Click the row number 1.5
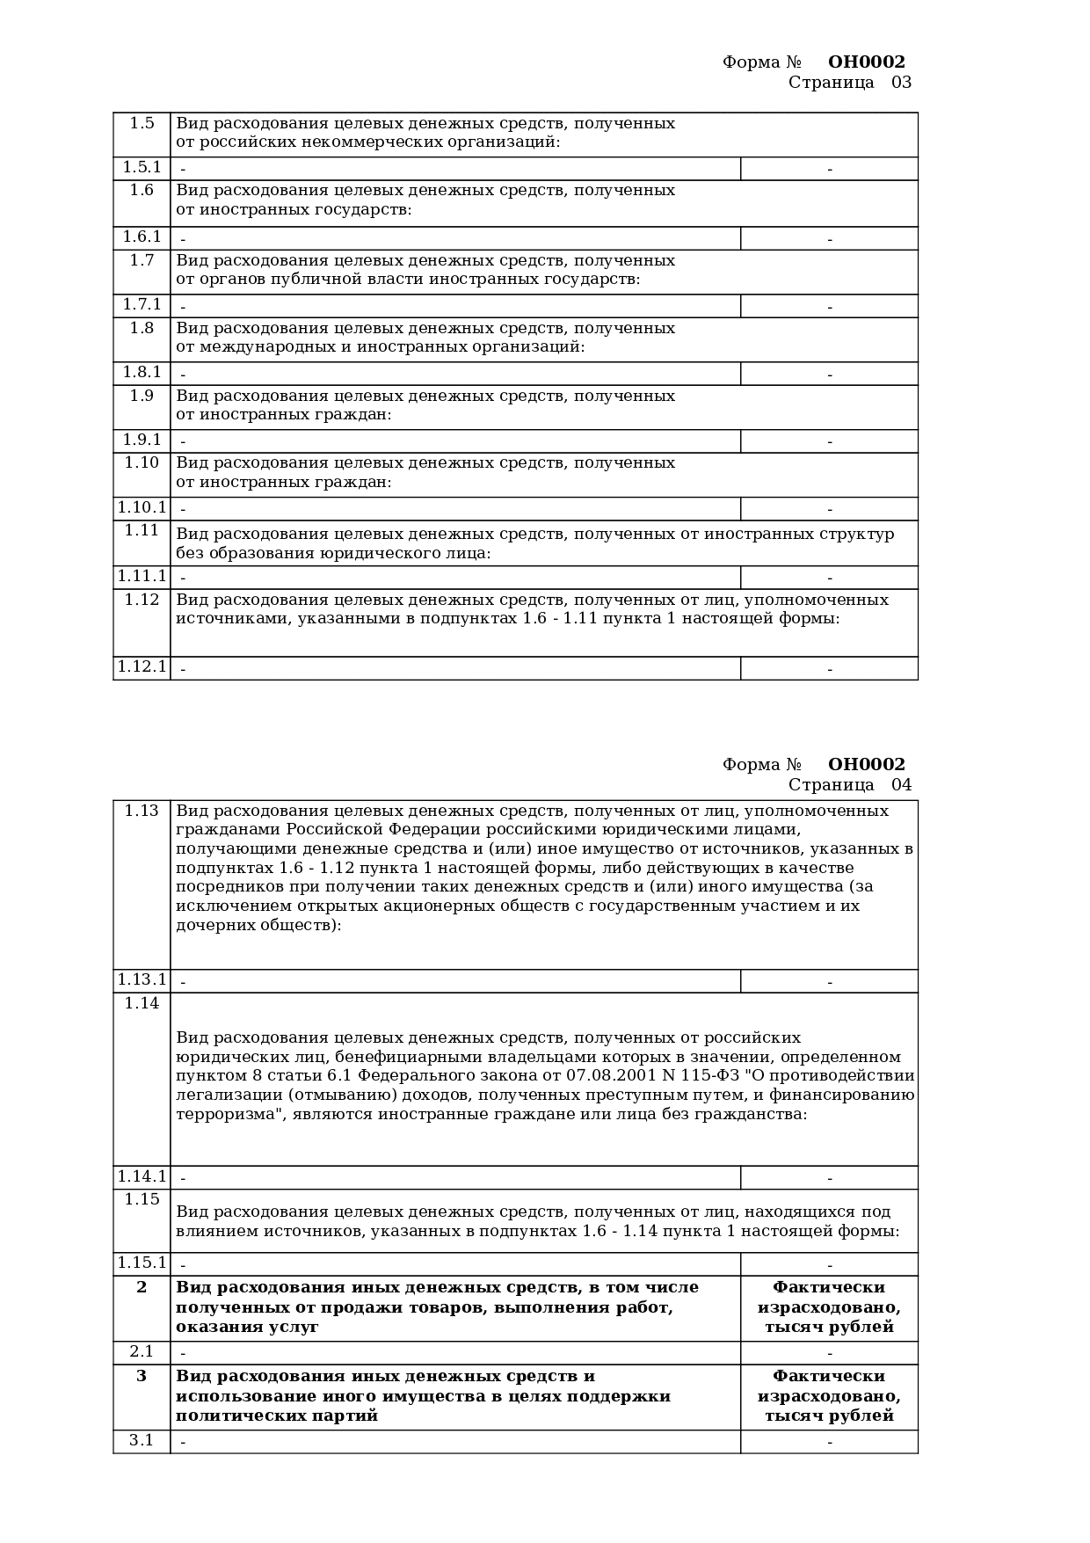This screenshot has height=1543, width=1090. pyautogui.click(x=142, y=123)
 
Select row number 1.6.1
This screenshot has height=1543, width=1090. pyautogui.click(x=142, y=237)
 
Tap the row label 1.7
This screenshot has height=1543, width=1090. pyautogui.click(x=142, y=260)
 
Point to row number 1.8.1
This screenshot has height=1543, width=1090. pyautogui.click(x=142, y=372)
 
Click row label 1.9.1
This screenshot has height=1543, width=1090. pyautogui.click(x=142, y=440)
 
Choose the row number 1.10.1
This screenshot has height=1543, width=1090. pyautogui.click(x=142, y=507)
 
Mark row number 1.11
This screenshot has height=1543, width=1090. pyautogui.click(x=142, y=530)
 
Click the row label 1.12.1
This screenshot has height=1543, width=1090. pyautogui.click(x=142, y=666)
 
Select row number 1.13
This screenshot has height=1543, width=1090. pyautogui.click(x=142, y=811)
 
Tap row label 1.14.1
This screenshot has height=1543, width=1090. pyautogui.click(x=142, y=1176)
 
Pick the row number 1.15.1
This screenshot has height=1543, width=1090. pyautogui.click(x=142, y=1263)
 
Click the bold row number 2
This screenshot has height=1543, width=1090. pyautogui.click(x=142, y=1287)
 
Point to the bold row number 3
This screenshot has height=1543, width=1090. pyautogui.click(x=142, y=1376)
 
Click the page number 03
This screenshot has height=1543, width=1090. pyautogui.click(x=902, y=83)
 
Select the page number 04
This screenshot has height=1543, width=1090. pyautogui.click(x=902, y=785)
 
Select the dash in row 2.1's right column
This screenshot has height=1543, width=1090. pyautogui.click(x=829, y=1353)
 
